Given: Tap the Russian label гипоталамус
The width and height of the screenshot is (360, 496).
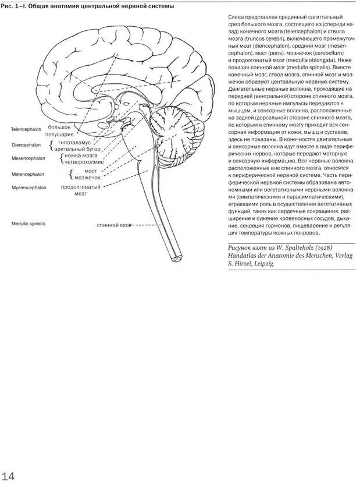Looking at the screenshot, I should click(74, 143).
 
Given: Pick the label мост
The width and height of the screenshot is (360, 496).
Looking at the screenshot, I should click(90, 171).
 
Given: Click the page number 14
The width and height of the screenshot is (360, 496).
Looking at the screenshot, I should click(8, 477).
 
